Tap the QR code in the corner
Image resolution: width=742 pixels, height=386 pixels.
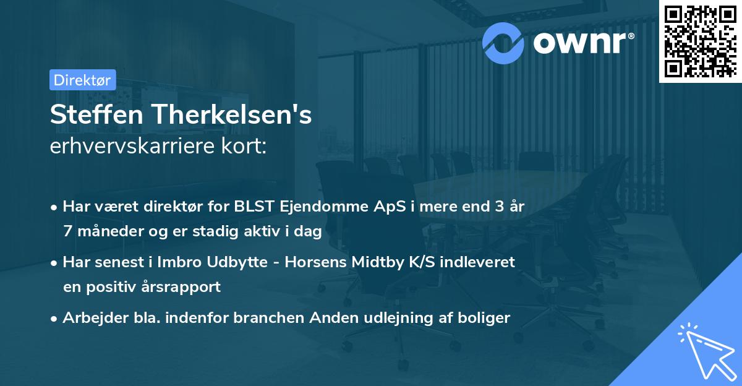(x=699, y=41)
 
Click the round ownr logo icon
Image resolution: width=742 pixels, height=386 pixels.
(x=504, y=41)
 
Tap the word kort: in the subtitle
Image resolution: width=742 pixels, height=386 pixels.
(x=247, y=147)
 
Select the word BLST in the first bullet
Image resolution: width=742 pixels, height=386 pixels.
(x=253, y=207)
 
